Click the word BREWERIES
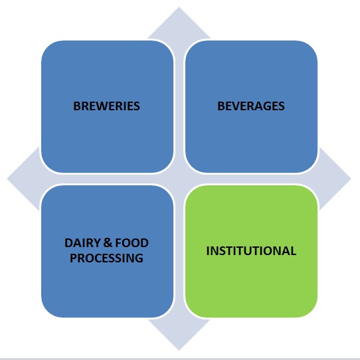(x=106, y=106)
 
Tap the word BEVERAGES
(x=251, y=106)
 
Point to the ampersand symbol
(x=107, y=243)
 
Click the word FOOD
(x=132, y=243)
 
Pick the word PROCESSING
(x=106, y=258)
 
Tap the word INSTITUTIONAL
(x=251, y=250)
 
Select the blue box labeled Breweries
(x=107, y=106)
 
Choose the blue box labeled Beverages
(x=252, y=106)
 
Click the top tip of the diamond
(x=179, y=7)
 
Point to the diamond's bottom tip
(x=179, y=351)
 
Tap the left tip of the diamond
(x=7, y=179)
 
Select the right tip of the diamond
(x=351, y=179)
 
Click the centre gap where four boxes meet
(x=179, y=179)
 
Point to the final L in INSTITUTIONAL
(x=294, y=250)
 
